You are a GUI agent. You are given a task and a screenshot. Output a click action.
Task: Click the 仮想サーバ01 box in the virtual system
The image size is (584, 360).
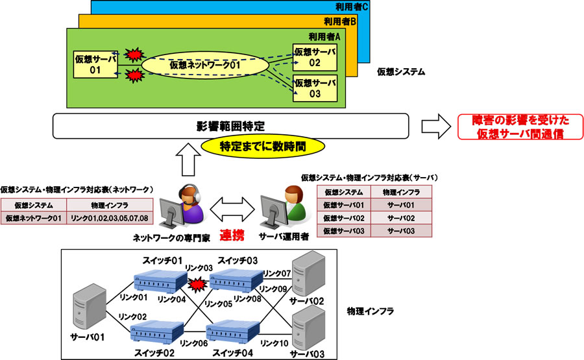tap(95, 65)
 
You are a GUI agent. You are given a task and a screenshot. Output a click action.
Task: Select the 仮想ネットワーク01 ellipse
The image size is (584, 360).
tap(205, 66)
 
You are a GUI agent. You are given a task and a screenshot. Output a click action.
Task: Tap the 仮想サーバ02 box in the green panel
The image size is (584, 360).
tap(315, 57)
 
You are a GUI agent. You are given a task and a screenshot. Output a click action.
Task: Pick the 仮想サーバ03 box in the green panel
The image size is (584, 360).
tap(315, 88)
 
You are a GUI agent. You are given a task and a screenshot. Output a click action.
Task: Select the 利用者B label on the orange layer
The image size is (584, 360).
tap(343, 21)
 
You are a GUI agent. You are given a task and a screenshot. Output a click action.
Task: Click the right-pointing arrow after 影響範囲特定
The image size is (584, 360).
tap(435, 125)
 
